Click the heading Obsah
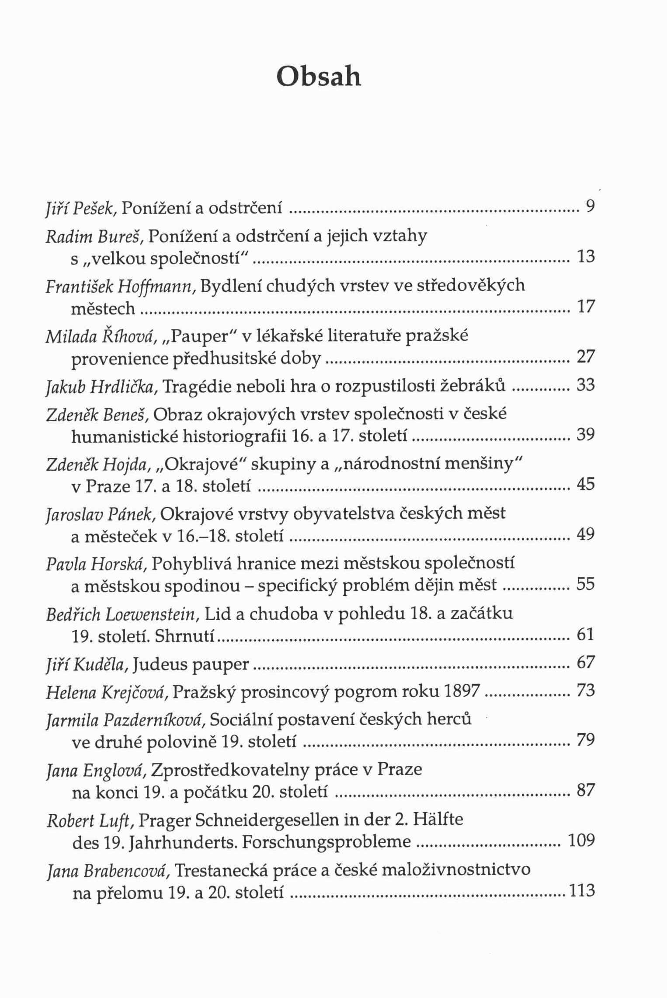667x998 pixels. [319, 77]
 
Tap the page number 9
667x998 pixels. [591, 206]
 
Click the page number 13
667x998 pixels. [586, 257]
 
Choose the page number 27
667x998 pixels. [586, 357]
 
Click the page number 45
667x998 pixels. [586, 484]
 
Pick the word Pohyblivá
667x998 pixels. [191, 564]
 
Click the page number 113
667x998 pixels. [581, 890]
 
